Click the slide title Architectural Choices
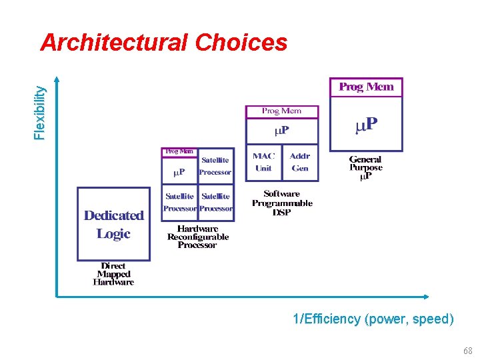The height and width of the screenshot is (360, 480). pos(163,43)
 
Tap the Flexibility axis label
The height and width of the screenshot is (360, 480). pos(41,111)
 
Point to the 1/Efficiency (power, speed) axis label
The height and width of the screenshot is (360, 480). pos(373,319)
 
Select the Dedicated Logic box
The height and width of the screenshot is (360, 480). pos(114,224)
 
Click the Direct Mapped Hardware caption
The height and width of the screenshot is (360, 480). pos(113,273)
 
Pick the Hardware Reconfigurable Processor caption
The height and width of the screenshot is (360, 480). pos(198,237)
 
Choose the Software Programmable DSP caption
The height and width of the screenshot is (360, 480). pos(282,203)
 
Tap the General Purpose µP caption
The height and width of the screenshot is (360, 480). pos(365,168)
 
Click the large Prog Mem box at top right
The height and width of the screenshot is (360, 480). pos(366,87)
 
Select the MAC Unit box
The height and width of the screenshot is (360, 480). pos(263,162)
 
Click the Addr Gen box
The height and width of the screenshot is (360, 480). pos(300,162)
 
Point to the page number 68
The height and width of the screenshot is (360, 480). pos(468,351)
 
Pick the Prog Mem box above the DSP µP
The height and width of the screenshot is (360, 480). pos(281,111)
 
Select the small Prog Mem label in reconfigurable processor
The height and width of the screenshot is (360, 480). pos(179,151)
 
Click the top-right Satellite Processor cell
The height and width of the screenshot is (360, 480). pos(215,166)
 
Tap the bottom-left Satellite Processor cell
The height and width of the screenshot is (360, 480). pos(180,202)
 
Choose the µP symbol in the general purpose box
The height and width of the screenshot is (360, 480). pos(366,125)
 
